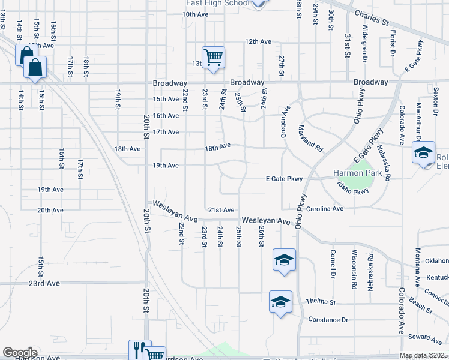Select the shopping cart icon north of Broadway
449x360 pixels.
coord(213,58)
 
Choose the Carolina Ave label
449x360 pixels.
coord(324,209)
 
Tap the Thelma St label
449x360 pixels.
coord(319,301)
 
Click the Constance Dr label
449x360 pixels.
coord(328,320)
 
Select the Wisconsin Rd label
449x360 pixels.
coord(355,269)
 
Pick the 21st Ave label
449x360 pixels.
coord(221,210)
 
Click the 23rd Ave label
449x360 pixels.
coord(45,283)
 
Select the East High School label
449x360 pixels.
coord(217,3)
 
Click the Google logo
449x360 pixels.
coord(20,353)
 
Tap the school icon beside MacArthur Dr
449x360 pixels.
coord(423,153)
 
